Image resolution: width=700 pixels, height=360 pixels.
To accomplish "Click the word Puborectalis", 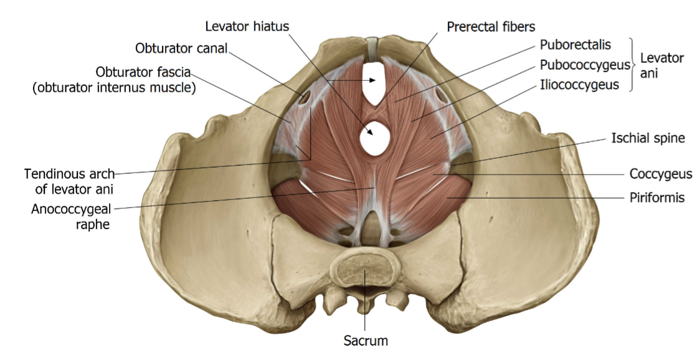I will (x=575, y=45).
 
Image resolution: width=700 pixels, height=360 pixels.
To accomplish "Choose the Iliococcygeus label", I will (x=579, y=85).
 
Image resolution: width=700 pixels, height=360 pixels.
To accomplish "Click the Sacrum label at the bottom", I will (x=366, y=341).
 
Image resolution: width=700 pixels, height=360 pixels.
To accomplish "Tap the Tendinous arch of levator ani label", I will (x=69, y=179).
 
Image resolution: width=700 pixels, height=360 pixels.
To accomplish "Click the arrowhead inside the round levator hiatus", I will (x=372, y=131).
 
